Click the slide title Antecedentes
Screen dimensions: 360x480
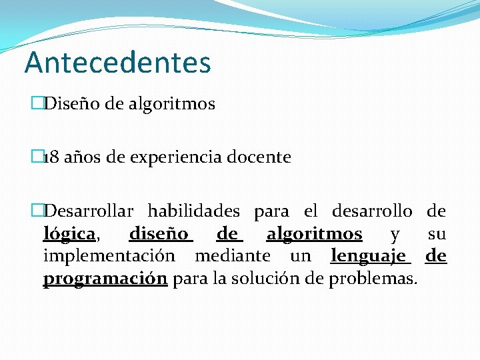click(x=117, y=63)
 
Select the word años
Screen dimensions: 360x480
click(x=76, y=158)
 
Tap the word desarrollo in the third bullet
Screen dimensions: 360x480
click(x=371, y=212)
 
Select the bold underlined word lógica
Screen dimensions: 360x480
click(x=69, y=235)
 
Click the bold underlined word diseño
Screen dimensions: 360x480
click(x=161, y=235)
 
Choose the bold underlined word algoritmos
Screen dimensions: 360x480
click(x=314, y=235)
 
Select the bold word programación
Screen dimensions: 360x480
click(x=105, y=279)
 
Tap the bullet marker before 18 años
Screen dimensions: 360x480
click(x=37, y=158)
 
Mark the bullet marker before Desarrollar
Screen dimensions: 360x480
click(x=37, y=212)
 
